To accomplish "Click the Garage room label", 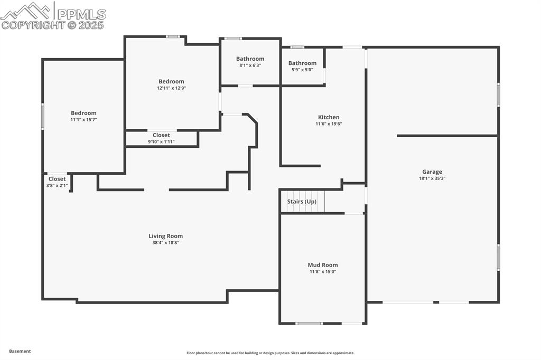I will [432, 172].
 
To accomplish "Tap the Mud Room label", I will [323, 265].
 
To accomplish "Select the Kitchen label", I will [329, 117].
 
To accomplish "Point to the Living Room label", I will [165, 236].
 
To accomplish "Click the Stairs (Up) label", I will [302, 202].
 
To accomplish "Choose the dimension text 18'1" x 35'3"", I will [432, 178].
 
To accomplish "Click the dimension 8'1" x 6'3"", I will [250, 65].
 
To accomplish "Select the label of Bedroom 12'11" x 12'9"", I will [171, 81].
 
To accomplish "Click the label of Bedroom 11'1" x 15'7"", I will [83, 113].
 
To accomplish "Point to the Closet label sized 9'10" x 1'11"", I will [161, 135].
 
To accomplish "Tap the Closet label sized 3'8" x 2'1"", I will [57, 179].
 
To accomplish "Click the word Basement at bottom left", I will [20, 351].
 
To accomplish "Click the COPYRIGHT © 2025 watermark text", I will [53, 25].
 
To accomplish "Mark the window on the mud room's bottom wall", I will [309, 323].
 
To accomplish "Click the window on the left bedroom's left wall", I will [43, 117].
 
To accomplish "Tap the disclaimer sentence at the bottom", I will [270, 353].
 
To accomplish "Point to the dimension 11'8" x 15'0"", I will [323, 272].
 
